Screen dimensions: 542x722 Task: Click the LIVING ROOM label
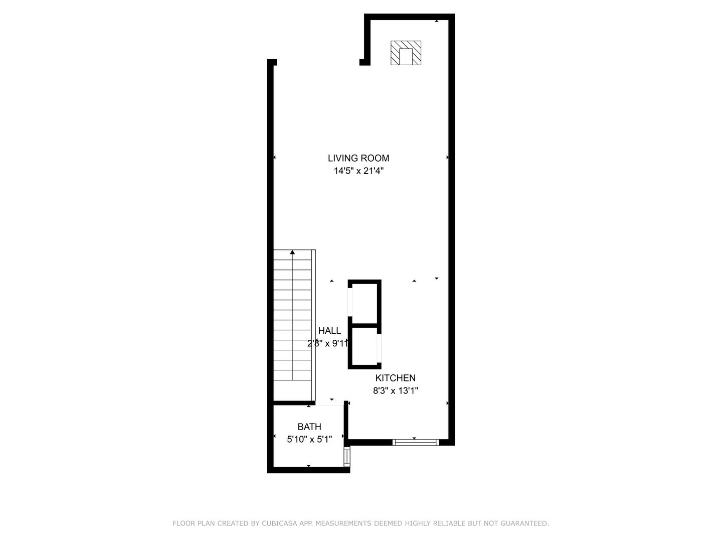(358, 158)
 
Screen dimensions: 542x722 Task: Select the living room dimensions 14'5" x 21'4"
(358, 171)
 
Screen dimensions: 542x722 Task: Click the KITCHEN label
(396, 378)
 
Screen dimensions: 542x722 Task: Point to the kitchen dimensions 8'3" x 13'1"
(396, 391)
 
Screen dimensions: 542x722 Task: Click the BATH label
(309, 427)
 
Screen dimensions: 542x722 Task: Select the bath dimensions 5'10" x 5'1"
(309, 440)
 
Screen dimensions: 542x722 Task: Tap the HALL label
(329, 331)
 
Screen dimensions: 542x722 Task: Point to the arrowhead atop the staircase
(292, 252)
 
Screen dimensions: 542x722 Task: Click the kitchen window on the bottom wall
(415, 442)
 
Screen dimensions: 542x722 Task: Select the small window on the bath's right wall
(346, 457)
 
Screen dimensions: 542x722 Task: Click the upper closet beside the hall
(365, 303)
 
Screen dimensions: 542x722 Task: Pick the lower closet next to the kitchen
(365, 347)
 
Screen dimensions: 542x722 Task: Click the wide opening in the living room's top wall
(318, 60)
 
